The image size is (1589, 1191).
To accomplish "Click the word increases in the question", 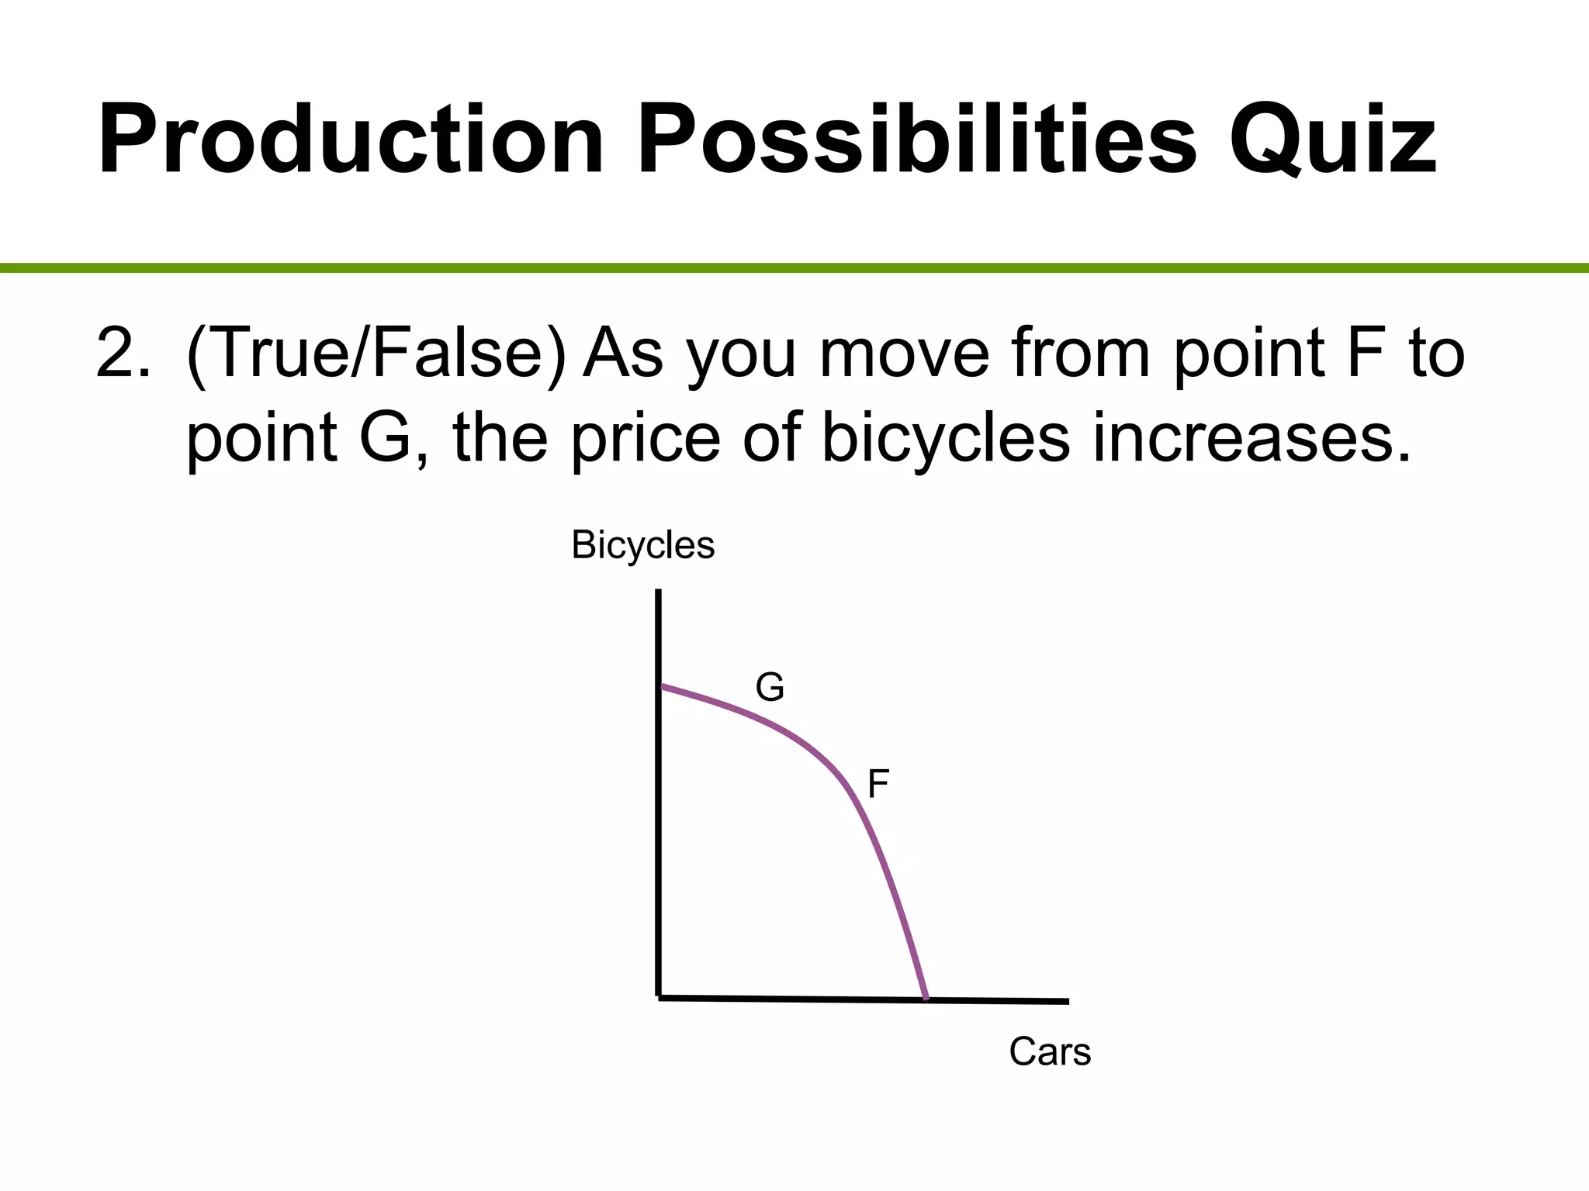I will point(1251,438).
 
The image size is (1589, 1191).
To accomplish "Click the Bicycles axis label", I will point(642,545).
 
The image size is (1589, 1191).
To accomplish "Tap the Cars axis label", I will point(1049,1052).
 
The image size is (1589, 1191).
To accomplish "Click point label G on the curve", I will point(770,688).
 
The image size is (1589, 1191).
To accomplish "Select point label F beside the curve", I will point(878,784).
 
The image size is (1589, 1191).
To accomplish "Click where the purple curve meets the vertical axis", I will point(660,686).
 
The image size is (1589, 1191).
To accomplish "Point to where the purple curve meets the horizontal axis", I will point(926,999).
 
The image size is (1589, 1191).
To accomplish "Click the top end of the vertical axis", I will point(658,592).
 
